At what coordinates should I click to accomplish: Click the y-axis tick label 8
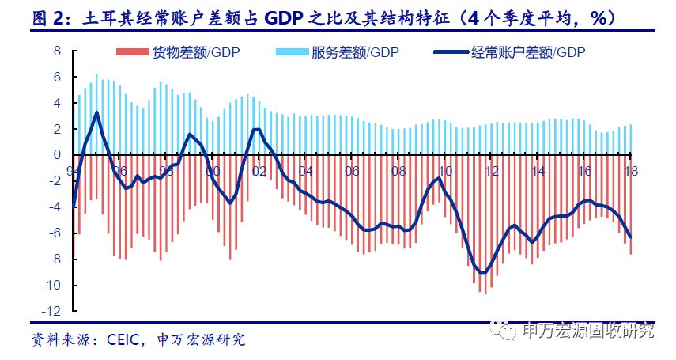pos(56,51)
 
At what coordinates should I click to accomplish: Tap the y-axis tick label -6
pos(54,233)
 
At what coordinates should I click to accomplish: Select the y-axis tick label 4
pos(56,103)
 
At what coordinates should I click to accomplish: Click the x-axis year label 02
pos(259,171)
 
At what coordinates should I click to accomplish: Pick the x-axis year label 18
pos(632,171)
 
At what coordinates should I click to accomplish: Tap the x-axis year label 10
pos(445,171)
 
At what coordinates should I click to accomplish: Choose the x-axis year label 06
pos(352,171)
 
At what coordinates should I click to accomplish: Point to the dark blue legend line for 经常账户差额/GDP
pos(451,53)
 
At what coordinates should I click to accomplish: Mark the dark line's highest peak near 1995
pos(96,112)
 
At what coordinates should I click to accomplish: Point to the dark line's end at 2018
pos(630,237)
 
